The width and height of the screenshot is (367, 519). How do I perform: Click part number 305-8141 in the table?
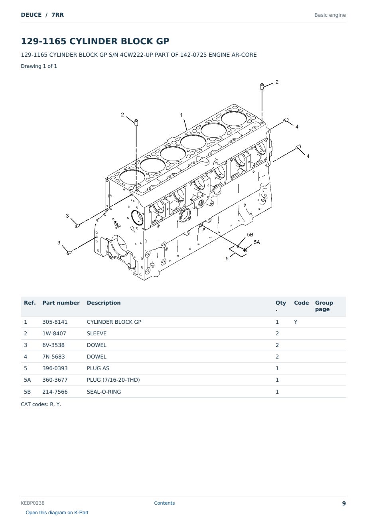(55, 322)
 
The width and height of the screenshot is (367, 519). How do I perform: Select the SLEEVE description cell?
(97, 333)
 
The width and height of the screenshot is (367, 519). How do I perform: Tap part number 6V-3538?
(53, 345)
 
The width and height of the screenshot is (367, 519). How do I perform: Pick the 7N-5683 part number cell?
(53, 357)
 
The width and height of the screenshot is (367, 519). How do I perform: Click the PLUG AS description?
(98, 368)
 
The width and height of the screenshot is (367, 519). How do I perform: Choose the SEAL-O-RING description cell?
(104, 392)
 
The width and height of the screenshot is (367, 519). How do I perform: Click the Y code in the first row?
(296, 322)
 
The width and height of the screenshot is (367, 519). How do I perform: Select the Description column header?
(103, 303)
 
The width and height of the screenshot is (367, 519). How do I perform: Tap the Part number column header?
(61, 303)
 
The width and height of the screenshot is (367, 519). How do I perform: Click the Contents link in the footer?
(164, 503)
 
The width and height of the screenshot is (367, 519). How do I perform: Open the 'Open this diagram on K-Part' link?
(57, 513)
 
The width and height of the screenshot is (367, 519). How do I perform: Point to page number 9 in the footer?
(344, 503)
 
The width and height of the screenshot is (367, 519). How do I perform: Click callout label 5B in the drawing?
(250, 235)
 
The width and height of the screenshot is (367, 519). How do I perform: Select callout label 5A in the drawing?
(257, 242)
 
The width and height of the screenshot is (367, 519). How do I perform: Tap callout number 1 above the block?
(182, 115)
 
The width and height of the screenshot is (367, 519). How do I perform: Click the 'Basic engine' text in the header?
(330, 15)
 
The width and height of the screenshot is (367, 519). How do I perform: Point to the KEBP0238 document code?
(33, 503)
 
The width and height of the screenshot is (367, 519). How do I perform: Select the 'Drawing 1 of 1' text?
(39, 66)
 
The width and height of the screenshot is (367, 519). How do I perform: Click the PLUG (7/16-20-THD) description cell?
(113, 380)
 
